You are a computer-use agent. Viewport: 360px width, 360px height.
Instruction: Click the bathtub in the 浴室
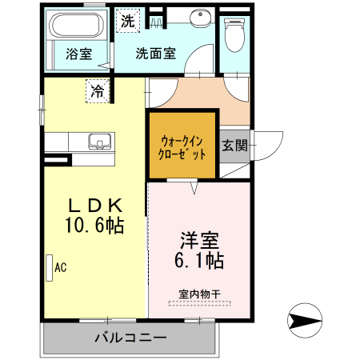(77, 25)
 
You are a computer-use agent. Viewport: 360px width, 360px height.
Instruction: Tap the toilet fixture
(234, 34)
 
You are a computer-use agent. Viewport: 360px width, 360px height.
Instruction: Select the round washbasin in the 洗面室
(200, 18)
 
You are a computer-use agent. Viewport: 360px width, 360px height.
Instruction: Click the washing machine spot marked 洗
(128, 21)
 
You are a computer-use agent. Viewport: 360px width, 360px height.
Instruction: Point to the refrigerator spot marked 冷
(98, 91)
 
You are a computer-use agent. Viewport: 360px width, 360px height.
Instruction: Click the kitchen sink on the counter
(100, 142)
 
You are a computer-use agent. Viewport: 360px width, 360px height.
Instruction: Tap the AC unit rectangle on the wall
(50, 268)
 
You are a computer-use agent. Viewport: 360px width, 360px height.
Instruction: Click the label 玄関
(234, 146)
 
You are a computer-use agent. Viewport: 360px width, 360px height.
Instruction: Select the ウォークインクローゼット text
(182, 148)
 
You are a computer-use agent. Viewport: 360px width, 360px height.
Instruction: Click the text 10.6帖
(94, 226)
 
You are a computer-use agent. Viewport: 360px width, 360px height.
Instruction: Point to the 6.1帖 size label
(199, 260)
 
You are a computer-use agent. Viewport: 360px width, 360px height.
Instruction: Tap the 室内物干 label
(199, 294)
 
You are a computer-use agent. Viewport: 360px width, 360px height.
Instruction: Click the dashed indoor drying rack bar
(199, 303)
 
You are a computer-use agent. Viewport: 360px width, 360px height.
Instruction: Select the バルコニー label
(130, 338)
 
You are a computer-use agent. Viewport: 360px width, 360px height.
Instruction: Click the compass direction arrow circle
(305, 320)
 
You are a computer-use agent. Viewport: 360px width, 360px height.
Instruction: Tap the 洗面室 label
(156, 54)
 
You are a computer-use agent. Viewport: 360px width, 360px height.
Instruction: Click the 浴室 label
(79, 54)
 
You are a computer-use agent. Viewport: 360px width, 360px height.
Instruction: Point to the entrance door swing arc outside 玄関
(276, 151)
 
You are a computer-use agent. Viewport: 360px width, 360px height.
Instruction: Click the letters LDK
(96, 206)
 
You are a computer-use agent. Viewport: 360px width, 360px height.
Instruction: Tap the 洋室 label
(199, 240)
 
